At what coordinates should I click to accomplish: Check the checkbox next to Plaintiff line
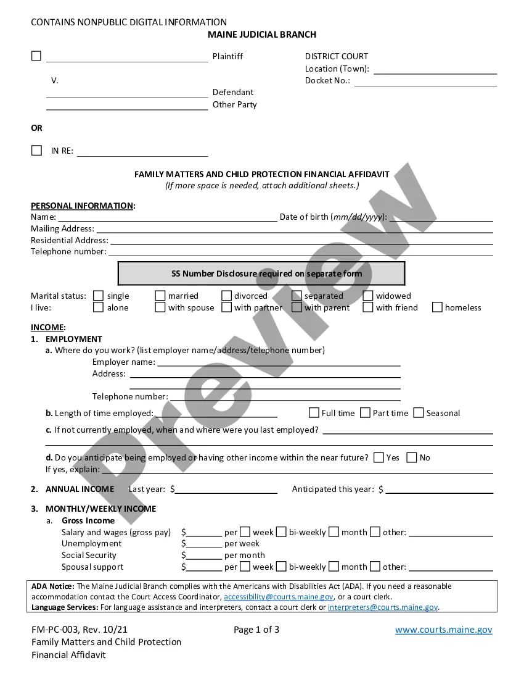point(36,56)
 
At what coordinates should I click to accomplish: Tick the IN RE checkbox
point(36,150)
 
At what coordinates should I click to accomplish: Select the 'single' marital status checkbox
point(98,296)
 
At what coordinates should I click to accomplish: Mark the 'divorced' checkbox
point(226,296)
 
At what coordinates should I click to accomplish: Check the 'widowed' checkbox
point(368,296)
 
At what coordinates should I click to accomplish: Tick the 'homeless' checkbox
point(437,307)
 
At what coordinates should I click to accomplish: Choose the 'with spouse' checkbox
point(160,307)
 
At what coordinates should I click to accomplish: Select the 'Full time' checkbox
point(314,413)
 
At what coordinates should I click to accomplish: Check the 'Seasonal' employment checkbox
point(419,413)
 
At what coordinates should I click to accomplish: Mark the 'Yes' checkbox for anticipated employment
point(379,457)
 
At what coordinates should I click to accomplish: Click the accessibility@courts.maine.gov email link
point(279,597)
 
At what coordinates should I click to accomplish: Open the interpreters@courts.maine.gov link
point(382,607)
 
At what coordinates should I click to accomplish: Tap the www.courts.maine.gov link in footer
point(443,630)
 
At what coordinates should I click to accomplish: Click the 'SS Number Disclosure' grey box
point(261,273)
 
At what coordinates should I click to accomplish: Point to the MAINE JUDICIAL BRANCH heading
point(262,35)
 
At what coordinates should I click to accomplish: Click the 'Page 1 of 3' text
point(256,630)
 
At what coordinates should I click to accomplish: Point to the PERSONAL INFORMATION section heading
point(82,206)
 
